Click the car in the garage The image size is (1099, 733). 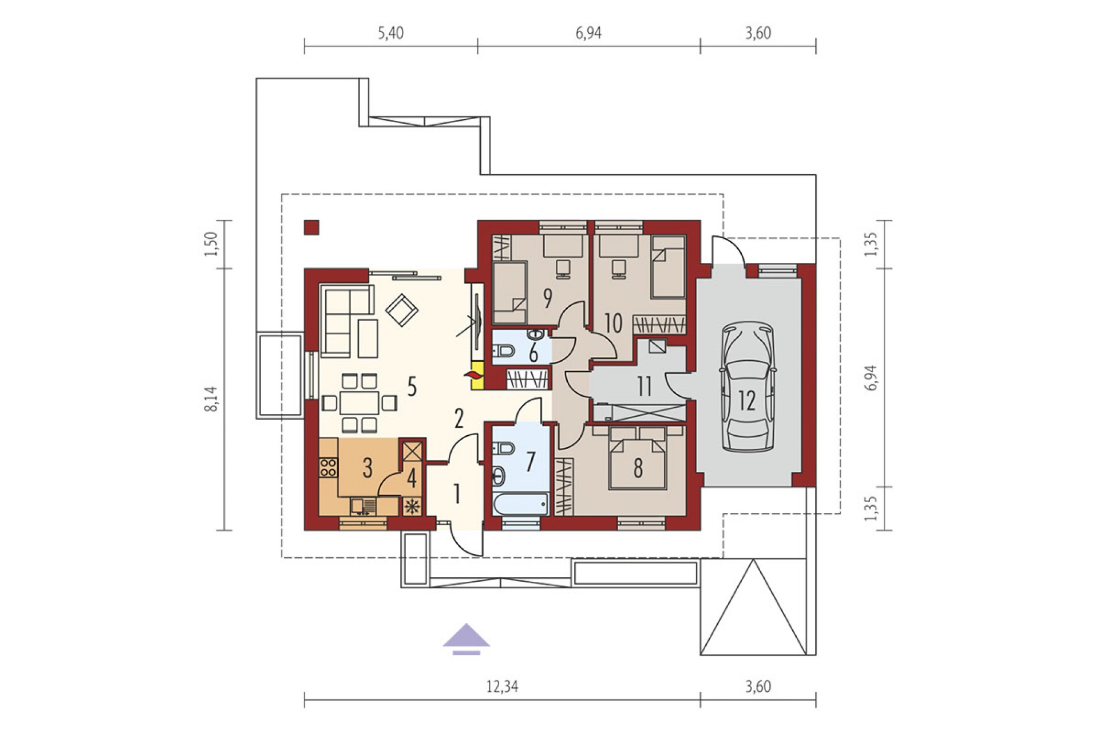point(747,387)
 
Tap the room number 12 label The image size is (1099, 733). point(747,400)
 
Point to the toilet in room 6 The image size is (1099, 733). point(504,350)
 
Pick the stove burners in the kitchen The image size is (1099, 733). point(329,467)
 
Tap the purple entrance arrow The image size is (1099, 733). point(466,639)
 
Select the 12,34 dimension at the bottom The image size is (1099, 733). point(502,686)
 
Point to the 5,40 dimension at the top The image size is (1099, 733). point(390,33)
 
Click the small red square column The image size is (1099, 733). point(312,227)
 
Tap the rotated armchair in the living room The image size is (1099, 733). point(402,310)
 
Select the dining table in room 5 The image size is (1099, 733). point(359,402)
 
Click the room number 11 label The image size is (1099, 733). point(645,387)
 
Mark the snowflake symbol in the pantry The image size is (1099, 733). point(412,506)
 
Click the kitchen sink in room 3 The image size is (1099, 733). point(363,507)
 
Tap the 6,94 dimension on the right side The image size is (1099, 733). point(871,377)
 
